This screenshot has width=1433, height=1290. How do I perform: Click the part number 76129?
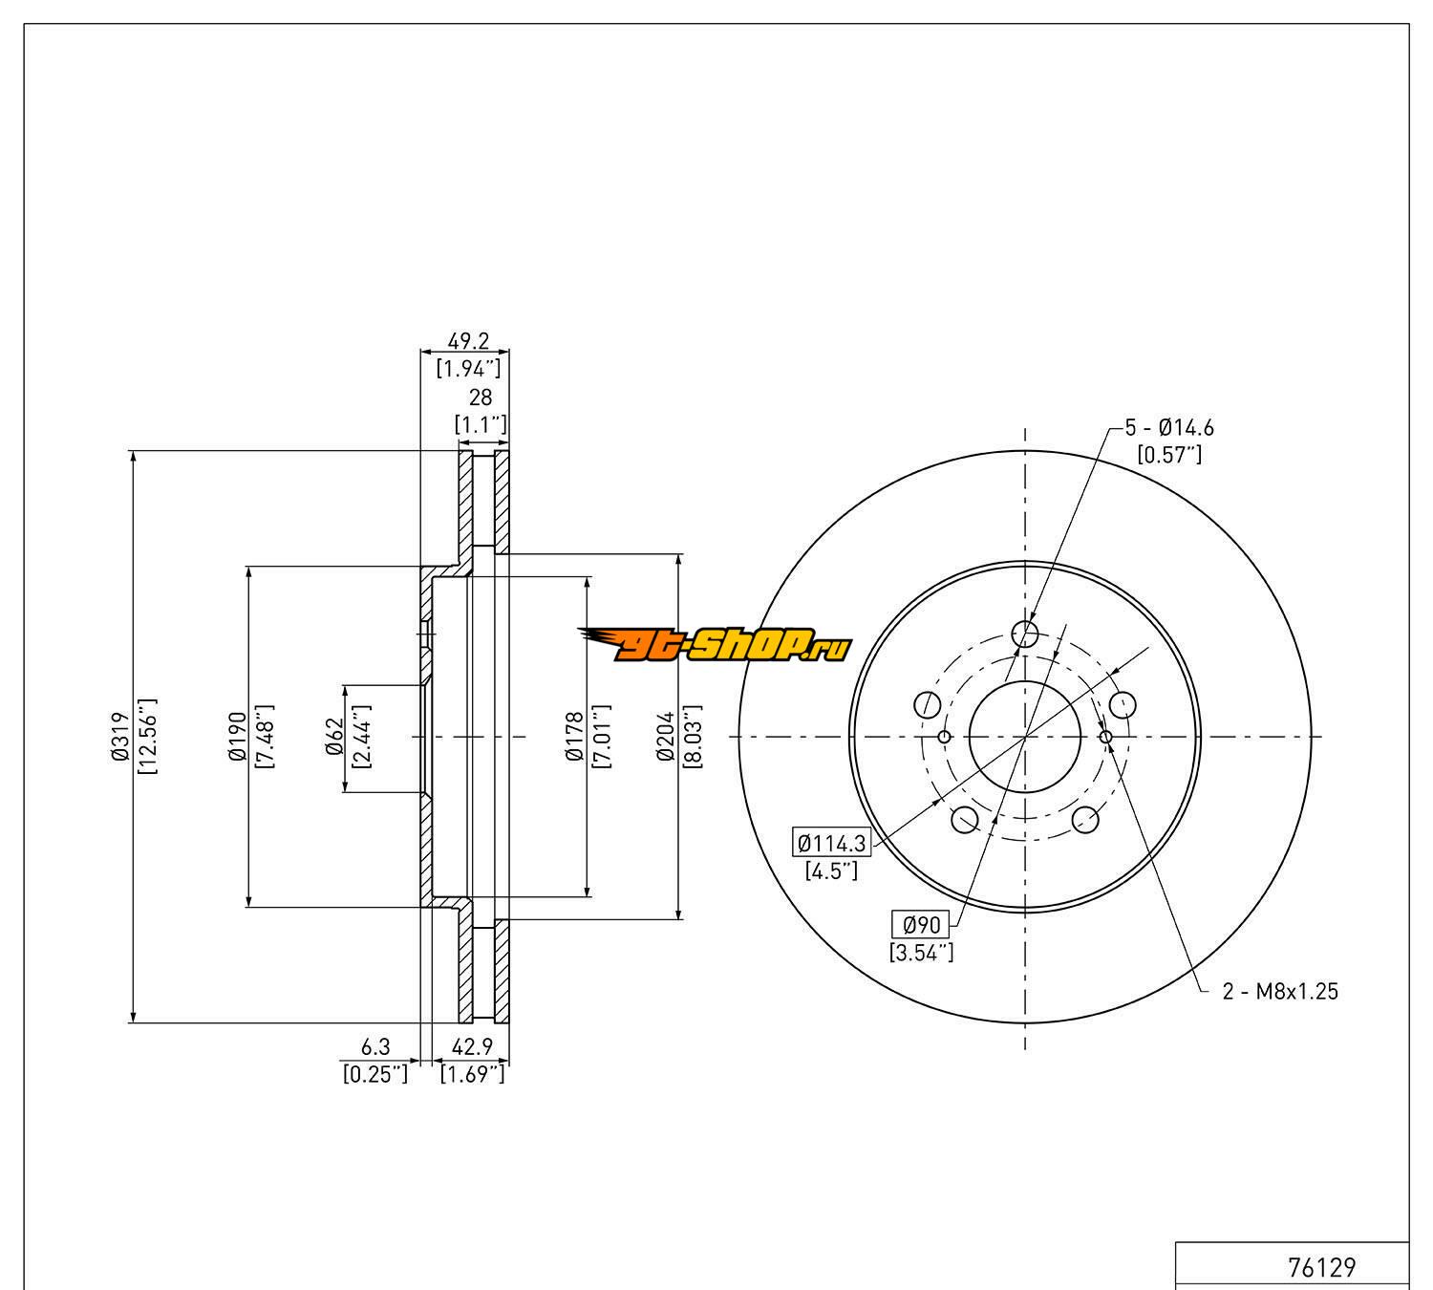(x=1321, y=1267)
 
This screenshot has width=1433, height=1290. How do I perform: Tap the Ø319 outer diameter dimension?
(x=119, y=737)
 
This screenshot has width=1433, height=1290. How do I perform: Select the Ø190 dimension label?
(x=237, y=737)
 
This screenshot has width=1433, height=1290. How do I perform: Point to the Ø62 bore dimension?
(x=333, y=737)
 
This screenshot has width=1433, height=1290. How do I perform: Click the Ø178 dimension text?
(x=574, y=737)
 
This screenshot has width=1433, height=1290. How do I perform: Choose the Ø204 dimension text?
(x=667, y=737)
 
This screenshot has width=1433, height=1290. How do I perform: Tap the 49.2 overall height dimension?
(x=468, y=340)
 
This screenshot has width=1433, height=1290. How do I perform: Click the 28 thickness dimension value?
(x=480, y=398)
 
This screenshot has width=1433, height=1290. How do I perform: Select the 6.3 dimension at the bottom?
(x=375, y=1048)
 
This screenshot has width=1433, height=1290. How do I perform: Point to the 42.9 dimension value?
(x=472, y=1048)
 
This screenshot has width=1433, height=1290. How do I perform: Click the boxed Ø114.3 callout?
(x=832, y=843)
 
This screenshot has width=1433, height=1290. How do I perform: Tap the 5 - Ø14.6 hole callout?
(x=1169, y=428)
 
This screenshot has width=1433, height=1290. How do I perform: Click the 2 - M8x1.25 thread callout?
(x=1280, y=991)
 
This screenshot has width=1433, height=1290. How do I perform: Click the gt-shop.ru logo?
(x=715, y=647)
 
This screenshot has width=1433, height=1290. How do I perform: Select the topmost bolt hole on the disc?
(x=1025, y=633)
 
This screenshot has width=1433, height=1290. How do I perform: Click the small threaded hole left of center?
(x=944, y=737)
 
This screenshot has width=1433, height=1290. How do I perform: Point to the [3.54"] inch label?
(x=922, y=952)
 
